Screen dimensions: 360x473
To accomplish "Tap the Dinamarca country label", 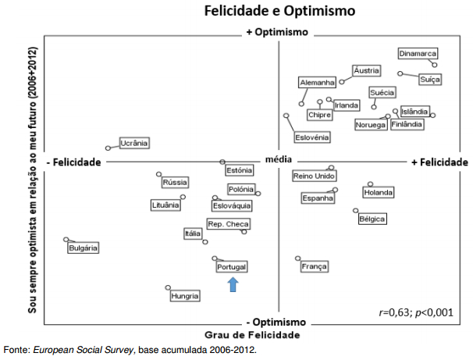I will pos(417,54).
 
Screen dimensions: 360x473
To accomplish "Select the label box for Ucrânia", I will pos(134,143).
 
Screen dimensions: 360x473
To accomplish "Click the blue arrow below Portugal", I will pos(233,284).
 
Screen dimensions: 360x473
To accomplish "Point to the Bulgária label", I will pos(83,248).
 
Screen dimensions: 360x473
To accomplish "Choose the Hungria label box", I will pos(185,296).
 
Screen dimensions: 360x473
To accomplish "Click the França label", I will pos(314,267).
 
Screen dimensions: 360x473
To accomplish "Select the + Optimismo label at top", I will pos(277,33).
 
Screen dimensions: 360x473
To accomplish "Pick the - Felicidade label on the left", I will pos(74,162).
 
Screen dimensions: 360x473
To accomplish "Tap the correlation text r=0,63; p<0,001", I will pos(415,312).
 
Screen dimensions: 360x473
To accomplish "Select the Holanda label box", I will pos(379,192).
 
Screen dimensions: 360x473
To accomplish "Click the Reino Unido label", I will pos(314,176).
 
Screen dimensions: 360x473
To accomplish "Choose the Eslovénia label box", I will pos(311,137).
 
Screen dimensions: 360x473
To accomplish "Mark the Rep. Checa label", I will pos(227,224).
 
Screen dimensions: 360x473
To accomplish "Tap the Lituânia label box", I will pos(165,205).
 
